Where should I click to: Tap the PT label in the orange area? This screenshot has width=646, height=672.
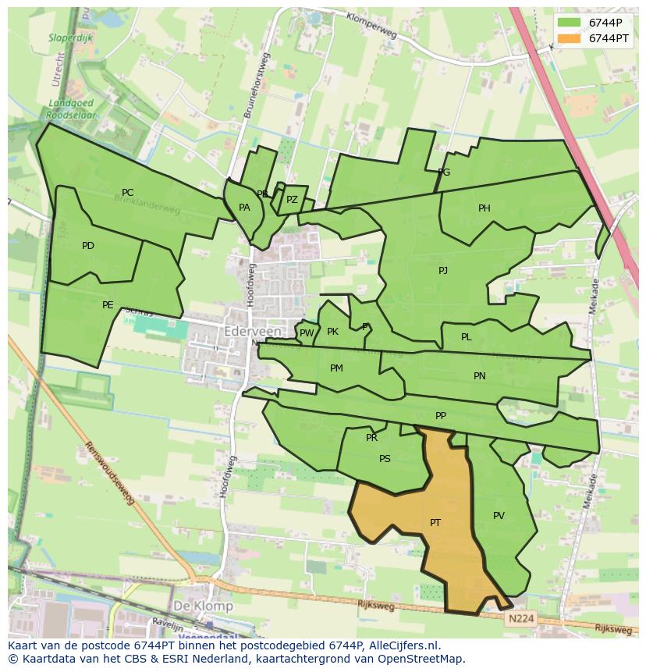435,522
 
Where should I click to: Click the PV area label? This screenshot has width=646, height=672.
499,515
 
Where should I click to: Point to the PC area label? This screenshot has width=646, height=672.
127,193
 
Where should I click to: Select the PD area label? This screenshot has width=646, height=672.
88,246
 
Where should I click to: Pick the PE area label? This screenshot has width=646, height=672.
108,305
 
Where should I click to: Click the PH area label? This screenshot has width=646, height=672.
484,208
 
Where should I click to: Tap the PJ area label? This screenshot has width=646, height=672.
443,271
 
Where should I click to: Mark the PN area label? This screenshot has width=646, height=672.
480,375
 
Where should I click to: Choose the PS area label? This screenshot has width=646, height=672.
385,459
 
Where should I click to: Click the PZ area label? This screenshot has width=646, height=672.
292,200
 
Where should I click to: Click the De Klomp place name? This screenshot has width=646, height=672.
203,606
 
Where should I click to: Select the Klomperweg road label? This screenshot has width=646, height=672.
372,26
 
